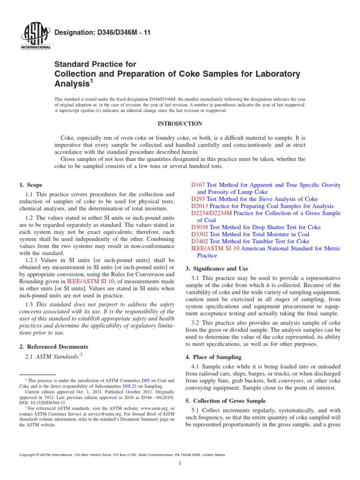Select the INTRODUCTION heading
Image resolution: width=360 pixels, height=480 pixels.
click(x=180, y=124)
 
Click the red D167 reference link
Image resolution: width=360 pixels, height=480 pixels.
click(x=198, y=186)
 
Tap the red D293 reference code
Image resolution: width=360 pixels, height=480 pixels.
click(x=198, y=199)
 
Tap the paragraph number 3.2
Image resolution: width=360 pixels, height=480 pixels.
click(x=196, y=323)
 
